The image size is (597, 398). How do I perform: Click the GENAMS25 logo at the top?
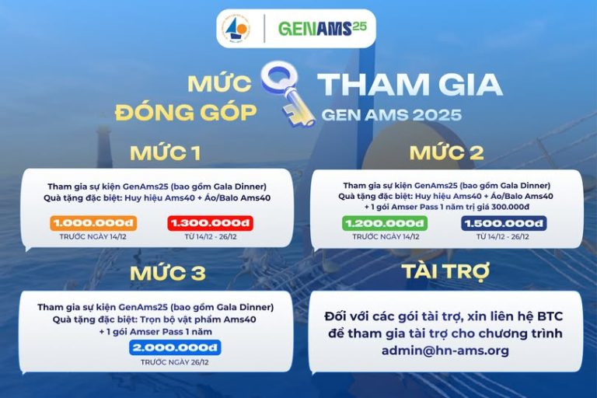tap(322, 29)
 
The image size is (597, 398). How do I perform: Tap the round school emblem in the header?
tap(236, 30)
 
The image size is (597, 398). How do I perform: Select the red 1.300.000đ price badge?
tap(211, 223)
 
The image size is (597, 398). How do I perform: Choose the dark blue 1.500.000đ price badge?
tap(503, 223)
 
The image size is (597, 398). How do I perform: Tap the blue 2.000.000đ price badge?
tap(175, 347)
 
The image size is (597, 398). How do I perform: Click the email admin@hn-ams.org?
tap(445, 351)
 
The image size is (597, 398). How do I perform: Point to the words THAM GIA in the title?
tap(410, 86)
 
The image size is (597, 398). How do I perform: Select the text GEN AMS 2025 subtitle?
tap(391, 115)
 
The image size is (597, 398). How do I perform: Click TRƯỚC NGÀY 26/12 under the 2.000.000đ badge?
tap(175, 362)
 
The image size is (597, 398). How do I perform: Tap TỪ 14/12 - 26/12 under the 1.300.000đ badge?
tap(211, 236)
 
